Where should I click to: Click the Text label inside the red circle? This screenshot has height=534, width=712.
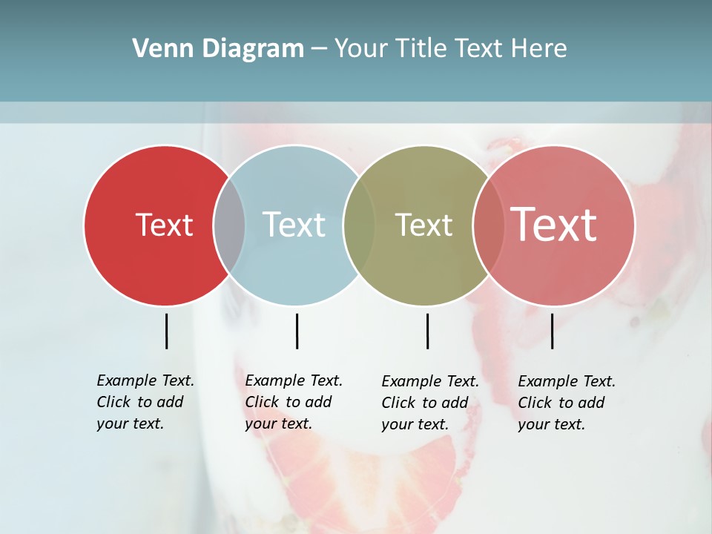(x=164, y=225)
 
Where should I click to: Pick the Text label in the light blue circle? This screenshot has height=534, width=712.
(x=294, y=225)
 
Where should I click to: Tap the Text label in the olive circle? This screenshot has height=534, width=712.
(x=423, y=225)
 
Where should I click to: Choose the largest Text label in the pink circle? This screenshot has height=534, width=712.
(x=554, y=225)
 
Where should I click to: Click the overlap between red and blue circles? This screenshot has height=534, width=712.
(x=229, y=225)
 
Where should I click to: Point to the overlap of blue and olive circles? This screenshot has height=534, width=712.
(x=359, y=225)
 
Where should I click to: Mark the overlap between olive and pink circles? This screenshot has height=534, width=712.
(x=489, y=225)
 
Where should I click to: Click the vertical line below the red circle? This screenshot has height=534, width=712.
(x=166, y=331)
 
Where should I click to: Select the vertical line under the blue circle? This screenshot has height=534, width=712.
(x=297, y=331)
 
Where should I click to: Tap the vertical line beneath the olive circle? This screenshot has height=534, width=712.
(x=427, y=331)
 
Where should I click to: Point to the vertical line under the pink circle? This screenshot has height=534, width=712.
(x=552, y=331)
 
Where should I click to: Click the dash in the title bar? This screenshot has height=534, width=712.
(x=319, y=49)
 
